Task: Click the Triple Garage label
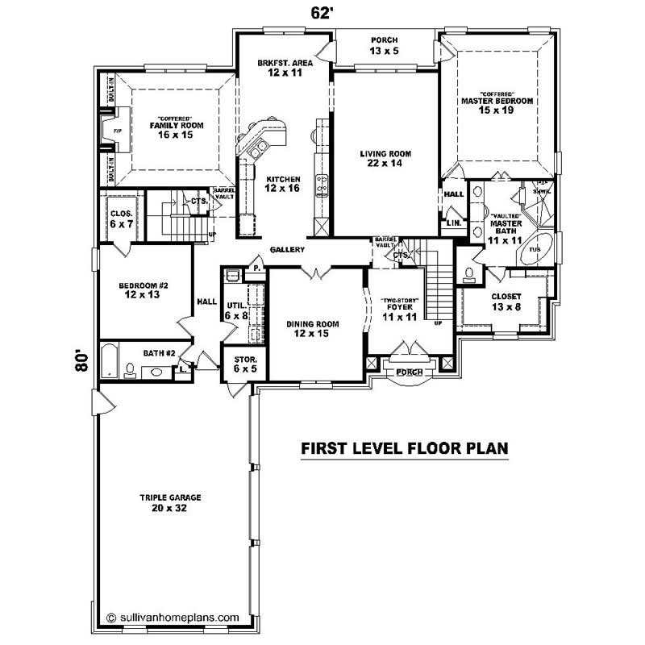[169, 503]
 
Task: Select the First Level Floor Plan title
[404, 450]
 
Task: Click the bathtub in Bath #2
[110, 360]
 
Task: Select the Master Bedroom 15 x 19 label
[497, 104]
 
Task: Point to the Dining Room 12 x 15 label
[313, 328]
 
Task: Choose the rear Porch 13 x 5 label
[385, 46]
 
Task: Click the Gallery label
[287, 250]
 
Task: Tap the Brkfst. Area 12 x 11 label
[280, 67]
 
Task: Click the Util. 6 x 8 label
[237, 310]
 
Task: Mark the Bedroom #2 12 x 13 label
[142, 290]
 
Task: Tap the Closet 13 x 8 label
[506, 301]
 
